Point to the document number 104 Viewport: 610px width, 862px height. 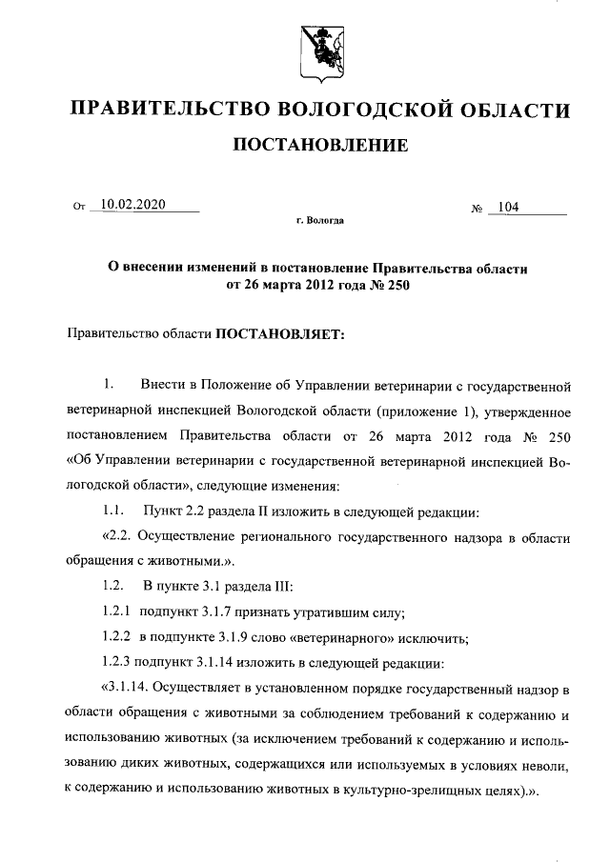pos(508,206)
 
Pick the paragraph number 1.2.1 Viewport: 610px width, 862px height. pos(116,610)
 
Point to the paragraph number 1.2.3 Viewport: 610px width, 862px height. pos(116,661)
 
